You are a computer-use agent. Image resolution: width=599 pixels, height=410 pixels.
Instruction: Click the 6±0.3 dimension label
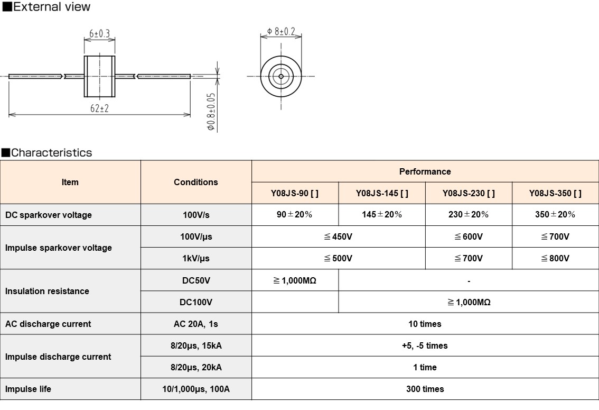click(x=99, y=34)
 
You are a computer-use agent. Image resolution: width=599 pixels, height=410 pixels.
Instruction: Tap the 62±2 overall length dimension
click(x=99, y=108)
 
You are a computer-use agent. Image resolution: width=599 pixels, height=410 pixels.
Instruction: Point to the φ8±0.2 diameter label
click(x=281, y=32)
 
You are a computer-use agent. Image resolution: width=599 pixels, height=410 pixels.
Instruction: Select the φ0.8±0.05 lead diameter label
click(x=211, y=112)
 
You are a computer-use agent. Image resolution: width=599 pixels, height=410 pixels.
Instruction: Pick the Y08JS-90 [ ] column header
click(x=295, y=193)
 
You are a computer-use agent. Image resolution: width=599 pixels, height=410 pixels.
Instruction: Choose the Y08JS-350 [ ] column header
click(x=555, y=193)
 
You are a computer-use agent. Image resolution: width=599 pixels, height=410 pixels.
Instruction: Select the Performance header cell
click(x=425, y=171)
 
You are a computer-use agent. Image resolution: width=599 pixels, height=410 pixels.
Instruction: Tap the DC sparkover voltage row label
click(x=49, y=215)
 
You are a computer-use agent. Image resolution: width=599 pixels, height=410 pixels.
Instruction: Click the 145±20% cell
click(x=381, y=214)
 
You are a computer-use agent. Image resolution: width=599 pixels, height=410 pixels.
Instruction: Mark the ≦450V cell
click(x=338, y=236)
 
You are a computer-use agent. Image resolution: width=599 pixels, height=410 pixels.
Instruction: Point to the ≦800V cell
click(x=555, y=258)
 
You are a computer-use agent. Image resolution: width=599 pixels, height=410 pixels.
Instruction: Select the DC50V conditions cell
click(x=196, y=280)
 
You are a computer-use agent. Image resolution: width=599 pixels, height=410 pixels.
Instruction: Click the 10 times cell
click(x=425, y=324)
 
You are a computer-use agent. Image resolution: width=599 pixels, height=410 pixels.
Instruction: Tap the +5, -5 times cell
click(x=425, y=345)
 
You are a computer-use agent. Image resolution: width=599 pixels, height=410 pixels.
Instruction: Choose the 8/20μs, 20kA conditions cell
click(x=196, y=367)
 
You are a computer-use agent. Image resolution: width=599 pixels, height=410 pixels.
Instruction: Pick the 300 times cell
click(x=425, y=389)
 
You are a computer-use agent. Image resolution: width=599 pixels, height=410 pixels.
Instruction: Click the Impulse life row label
click(x=29, y=389)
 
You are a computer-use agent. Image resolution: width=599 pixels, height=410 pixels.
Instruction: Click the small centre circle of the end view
click(x=281, y=76)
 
